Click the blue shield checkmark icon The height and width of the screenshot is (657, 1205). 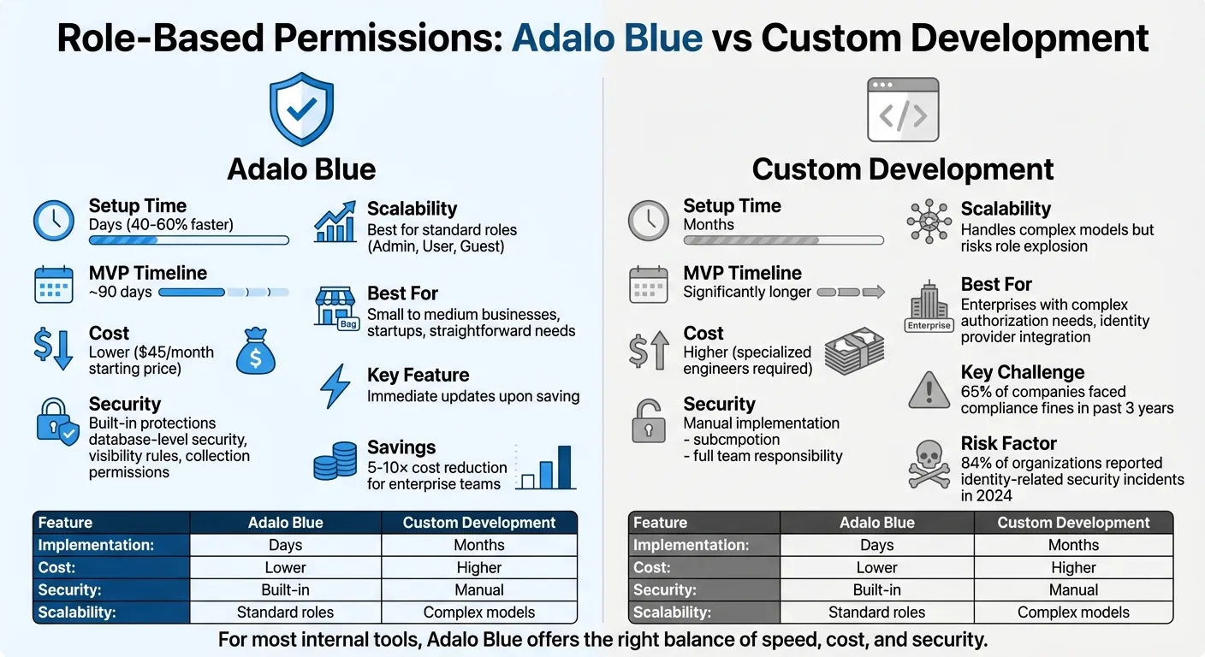(x=301, y=109)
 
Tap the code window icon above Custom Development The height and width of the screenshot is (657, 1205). (x=903, y=109)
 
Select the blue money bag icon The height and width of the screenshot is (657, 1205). (x=255, y=352)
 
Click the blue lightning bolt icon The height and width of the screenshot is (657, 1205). (x=334, y=387)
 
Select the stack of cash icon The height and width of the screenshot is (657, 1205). (x=853, y=351)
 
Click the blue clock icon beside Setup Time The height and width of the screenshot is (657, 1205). (x=53, y=221)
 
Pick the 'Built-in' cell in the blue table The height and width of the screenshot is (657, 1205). (x=285, y=590)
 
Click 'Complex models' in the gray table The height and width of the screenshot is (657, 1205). (x=1073, y=613)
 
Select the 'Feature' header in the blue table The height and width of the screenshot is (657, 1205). (x=65, y=523)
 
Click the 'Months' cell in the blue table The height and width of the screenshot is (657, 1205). (x=478, y=546)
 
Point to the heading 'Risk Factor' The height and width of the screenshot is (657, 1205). (x=1008, y=443)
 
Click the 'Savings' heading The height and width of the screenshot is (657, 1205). (x=401, y=447)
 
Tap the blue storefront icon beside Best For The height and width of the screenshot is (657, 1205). (x=335, y=306)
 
